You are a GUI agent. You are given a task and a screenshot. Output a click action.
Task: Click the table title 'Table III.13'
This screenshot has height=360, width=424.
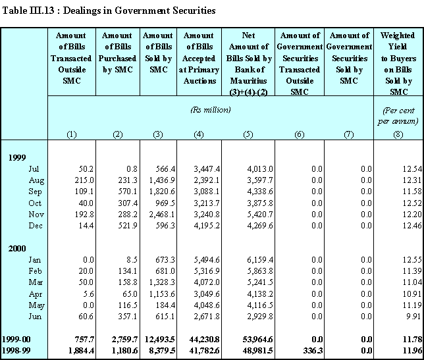pyautogui.click(x=28, y=11)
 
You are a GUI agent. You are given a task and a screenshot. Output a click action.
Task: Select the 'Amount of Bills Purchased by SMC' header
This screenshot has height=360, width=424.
pyautogui.click(x=118, y=53)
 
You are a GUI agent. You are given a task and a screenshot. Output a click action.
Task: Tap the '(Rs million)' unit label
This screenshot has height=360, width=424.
pyautogui.click(x=211, y=110)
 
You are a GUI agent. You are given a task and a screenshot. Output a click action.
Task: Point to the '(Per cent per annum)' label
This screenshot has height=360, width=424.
pyautogui.click(x=398, y=116)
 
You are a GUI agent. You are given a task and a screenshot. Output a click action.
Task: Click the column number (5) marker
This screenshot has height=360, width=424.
pyautogui.click(x=248, y=134)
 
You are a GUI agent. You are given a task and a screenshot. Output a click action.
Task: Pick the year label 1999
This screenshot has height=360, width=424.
pyautogui.click(x=17, y=157)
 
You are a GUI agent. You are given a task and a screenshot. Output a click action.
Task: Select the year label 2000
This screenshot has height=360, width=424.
pyautogui.click(x=17, y=248)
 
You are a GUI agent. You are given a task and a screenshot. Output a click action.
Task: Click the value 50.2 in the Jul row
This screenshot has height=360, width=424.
pyautogui.click(x=86, y=169)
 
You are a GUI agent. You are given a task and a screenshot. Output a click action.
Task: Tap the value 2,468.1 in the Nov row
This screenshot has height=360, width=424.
pyautogui.click(x=162, y=215)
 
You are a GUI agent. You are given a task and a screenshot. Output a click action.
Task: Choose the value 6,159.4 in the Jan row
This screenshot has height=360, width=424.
pyautogui.click(x=260, y=260)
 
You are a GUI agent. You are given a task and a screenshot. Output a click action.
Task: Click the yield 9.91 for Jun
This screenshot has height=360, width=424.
pyautogui.click(x=413, y=316)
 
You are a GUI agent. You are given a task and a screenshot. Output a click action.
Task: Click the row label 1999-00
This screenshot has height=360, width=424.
pyautogui.click(x=16, y=339)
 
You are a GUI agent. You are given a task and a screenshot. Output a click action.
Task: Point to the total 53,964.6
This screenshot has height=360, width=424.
pyautogui.click(x=257, y=339)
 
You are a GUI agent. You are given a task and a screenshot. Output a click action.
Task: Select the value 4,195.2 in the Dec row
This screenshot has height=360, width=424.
pyautogui.click(x=207, y=225)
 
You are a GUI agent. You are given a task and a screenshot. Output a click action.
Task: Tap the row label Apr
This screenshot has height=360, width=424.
pyautogui.click(x=36, y=294)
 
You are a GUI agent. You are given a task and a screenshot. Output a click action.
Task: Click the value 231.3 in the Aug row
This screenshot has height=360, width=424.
pyautogui.click(x=128, y=180)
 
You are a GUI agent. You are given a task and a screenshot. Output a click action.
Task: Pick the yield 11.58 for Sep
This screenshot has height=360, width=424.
pyautogui.click(x=412, y=192)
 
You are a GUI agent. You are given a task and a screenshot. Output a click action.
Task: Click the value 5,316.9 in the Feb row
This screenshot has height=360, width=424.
pyautogui.click(x=207, y=270)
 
